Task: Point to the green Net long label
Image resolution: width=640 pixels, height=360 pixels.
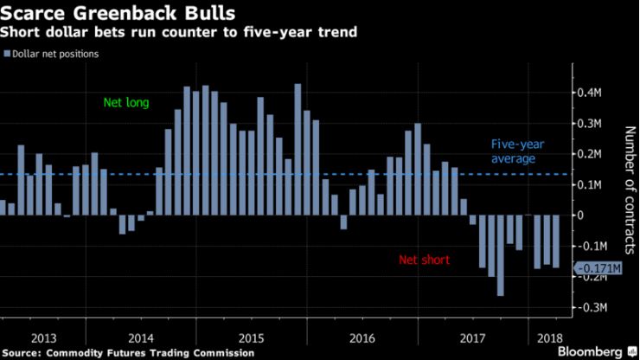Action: tap(126, 103)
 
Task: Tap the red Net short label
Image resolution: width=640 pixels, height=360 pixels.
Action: tap(424, 260)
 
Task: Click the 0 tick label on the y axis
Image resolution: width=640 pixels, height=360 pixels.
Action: tap(580, 215)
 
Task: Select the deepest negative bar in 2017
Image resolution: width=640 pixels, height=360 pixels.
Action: tap(500, 255)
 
